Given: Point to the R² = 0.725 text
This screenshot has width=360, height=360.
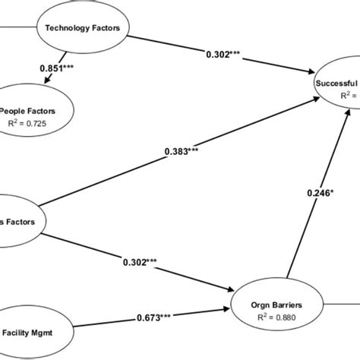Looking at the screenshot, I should click(32, 121).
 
